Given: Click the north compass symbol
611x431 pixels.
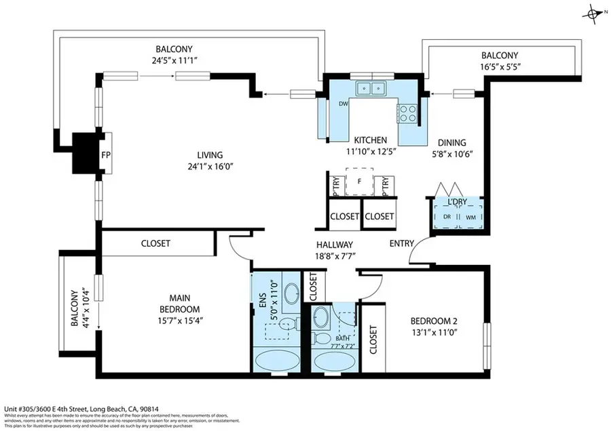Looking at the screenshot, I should pyautogui.click(x=595, y=13).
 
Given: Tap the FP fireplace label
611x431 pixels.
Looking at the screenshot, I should pyautogui.click(x=106, y=155).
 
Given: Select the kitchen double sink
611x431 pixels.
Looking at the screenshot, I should pyautogui.click(x=371, y=87).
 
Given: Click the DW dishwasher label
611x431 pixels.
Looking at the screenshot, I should pyautogui.click(x=343, y=104).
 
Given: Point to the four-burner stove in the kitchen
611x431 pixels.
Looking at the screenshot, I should pyautogui.click(x=409, y=113).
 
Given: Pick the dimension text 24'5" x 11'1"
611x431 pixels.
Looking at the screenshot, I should pyautogui.click(x=174, y=60).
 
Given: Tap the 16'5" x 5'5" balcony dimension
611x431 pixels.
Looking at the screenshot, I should pyautogui.click(x=499, y=67).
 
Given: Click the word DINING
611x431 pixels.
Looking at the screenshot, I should pyautogui.click(x=451, y=142).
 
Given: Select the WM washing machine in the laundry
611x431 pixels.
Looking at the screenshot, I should pyautogui.click(x=470, y=217).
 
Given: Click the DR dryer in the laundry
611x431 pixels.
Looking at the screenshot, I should pyautogui.click(x=447, y=217).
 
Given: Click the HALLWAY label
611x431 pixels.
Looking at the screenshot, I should pyautogui.click(x=334, y=245).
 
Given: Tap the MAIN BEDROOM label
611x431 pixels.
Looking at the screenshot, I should pyautogui.click(x=174, y=303).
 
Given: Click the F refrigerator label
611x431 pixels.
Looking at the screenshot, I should pyautogui.click(x=358, y=182).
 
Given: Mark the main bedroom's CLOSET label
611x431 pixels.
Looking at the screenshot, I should pyautogui.click(x=155, y=243).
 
